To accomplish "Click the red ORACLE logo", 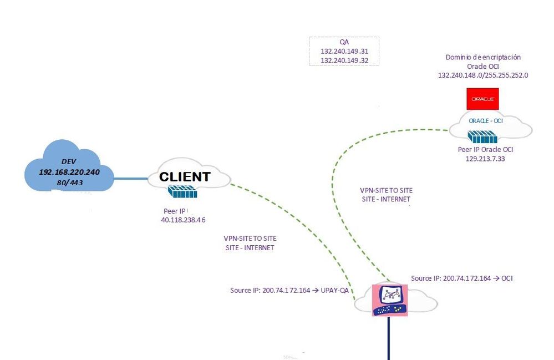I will pyautogui.click(x=482, y=99).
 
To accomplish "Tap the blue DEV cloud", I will pyautogui.click(x=69, y=166).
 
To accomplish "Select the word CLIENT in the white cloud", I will pyautogui.click(x=185, y=177).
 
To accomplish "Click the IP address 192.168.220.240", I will pyautogui.click(x=69, y=172).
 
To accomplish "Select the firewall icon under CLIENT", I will pyautogui.click(x=182, y=192).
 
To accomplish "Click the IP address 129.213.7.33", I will pyautogui.click(x=485, y=159).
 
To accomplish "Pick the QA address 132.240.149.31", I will pyautogui.click(x=344, y=51).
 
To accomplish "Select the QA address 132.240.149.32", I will pyautogui.click(x=344, y=60).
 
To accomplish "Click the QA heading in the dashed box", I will pyautogui.click(x=344, y=42).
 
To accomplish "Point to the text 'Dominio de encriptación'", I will pyautogui.click(x=483, y=57).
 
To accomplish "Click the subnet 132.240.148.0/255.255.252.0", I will pyautogui.click(x=482, y=75).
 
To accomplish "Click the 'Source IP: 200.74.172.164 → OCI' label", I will pyautogui.click(x=461, y=278).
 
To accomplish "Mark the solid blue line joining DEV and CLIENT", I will pyautogui.click(x=130, y=178).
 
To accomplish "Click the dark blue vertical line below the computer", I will pyautogui.click(x=389, y=338).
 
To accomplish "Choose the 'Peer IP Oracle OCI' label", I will pyautogui.click(x=485, y=149).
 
